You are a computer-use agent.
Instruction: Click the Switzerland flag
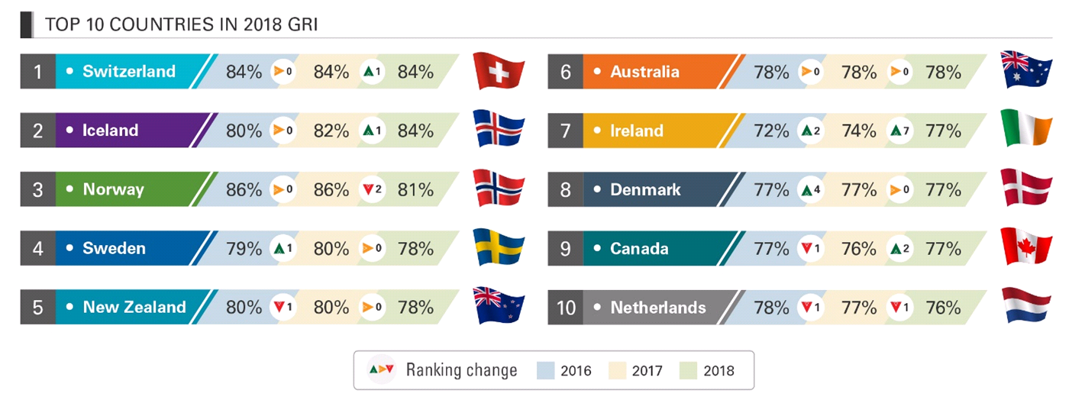click(x=499, y=72)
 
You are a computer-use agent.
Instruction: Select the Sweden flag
click(x=499, y=248)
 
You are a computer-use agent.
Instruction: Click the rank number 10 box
click(x=565, y=308)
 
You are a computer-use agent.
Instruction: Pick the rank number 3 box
click(x=37, y=189)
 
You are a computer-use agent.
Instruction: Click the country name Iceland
click(x=110, y=131)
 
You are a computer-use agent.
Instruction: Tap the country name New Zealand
click(x=134, y=308)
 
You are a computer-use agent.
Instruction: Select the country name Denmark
click(x=645, y=189)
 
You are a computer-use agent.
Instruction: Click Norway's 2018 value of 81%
click(x=415, y=189)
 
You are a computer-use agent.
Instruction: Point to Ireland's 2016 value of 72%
click(x=771, y=131)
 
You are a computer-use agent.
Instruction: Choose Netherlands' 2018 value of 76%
click(x=943, y=308)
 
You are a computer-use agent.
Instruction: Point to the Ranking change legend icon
click(x=381, y=370)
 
